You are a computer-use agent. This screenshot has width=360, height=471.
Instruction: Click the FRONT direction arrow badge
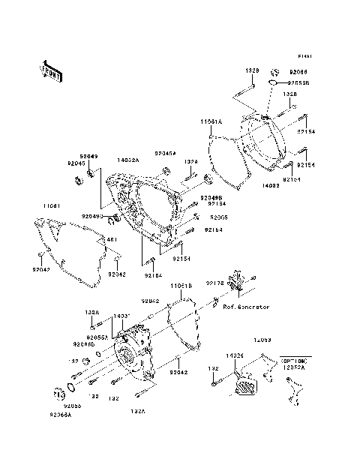point(52,70)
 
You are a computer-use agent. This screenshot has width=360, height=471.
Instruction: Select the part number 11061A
point(211,120)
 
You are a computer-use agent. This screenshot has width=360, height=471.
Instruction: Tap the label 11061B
point(180,286)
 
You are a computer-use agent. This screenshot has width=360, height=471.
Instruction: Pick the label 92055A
point(97,337)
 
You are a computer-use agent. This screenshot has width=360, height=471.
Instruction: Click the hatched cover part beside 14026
point(244,387)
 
